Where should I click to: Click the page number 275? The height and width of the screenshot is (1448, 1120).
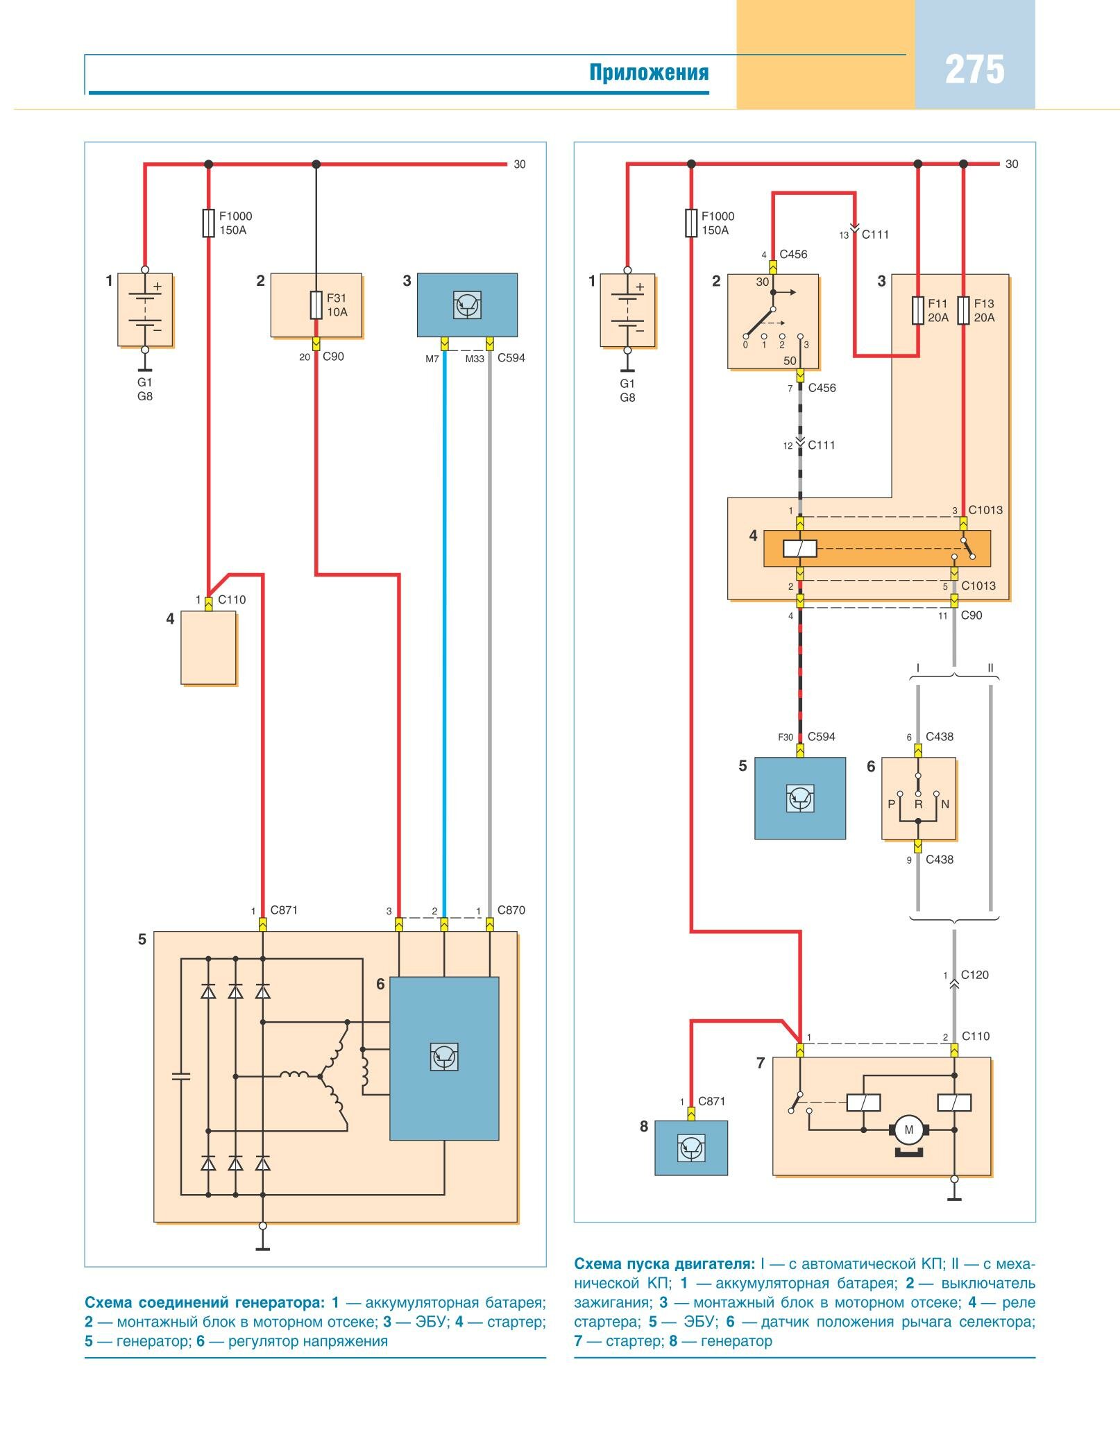coord(974,70)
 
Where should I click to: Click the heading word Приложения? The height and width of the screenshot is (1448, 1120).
coord(649,72)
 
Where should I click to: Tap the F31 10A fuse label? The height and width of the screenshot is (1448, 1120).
coord(337,305)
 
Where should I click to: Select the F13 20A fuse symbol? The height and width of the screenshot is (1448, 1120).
coord(963,310)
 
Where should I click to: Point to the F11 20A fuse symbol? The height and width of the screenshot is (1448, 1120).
coord(917,310)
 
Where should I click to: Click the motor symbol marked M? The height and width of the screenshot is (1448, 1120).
coord(908,1130)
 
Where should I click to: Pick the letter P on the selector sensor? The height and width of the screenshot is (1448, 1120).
coord(891,804)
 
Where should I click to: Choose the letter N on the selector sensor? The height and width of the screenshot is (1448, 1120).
coord(944,804)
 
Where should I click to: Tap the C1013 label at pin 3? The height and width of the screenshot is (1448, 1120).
coord(985,510)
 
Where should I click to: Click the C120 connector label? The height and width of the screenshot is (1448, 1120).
coord(974,975)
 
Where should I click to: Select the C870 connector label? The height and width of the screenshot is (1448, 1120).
coord(511,910)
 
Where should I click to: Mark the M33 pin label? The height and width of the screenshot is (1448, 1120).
coord(475,359)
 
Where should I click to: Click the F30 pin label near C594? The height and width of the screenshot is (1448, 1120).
coord(785,738)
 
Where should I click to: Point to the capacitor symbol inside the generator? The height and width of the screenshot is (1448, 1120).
coord(181,1076)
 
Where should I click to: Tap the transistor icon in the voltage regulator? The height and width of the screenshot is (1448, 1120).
coord(444,1057)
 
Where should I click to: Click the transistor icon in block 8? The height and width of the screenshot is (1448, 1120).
coord(691,1148)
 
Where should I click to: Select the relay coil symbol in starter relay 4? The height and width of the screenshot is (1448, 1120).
coord(800,549)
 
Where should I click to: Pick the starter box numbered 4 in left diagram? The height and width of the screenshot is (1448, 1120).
coord(208,647)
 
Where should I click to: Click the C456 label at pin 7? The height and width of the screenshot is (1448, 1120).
coord(822,388)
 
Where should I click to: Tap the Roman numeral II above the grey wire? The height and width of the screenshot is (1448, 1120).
coord(990,668)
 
